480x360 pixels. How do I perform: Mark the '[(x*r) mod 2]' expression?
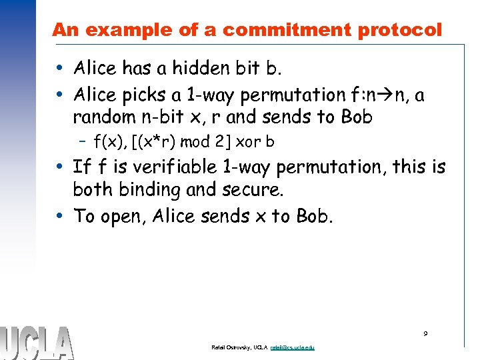[x=178, y=141]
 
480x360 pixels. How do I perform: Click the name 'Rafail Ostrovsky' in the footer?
[x=231, y=347]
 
